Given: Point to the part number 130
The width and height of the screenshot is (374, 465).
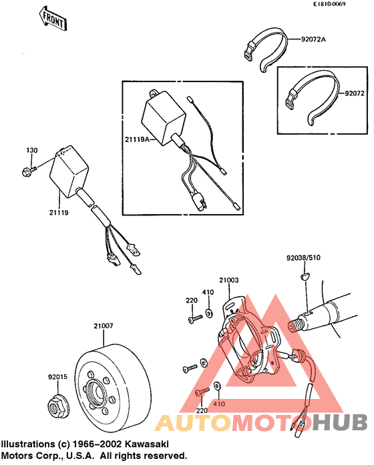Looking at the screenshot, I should click(x=32, y=150).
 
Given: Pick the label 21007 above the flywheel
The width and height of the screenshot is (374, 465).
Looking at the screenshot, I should click(x=104, y=326).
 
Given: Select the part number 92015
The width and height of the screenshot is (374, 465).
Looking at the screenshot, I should click(x=57, y=378).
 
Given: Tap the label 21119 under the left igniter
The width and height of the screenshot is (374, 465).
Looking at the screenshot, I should click(x=59, y=212).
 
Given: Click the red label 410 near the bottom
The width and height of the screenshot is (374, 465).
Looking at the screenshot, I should click(x=218, y=404).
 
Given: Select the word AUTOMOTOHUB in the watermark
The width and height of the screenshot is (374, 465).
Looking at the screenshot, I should click(x=261, y=423).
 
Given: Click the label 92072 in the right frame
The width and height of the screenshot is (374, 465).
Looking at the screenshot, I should click(x=355, y=94).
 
